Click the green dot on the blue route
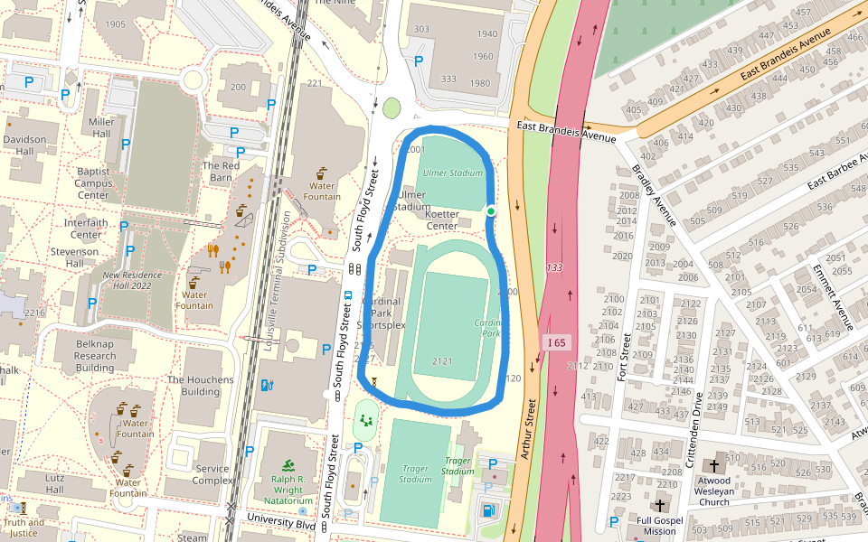[491, 211]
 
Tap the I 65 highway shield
[556, 342]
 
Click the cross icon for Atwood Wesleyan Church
[714, 466]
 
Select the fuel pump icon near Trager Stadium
[489, 510]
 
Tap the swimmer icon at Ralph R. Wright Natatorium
[288, 465]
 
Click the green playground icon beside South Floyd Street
[365, 420]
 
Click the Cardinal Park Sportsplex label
[382, 313]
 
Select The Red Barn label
[221, 172]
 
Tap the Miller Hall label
[101, 127]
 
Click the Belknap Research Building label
[95, 355]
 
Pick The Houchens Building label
[200, 386]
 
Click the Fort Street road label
[623, 356]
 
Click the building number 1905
[115, 24]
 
